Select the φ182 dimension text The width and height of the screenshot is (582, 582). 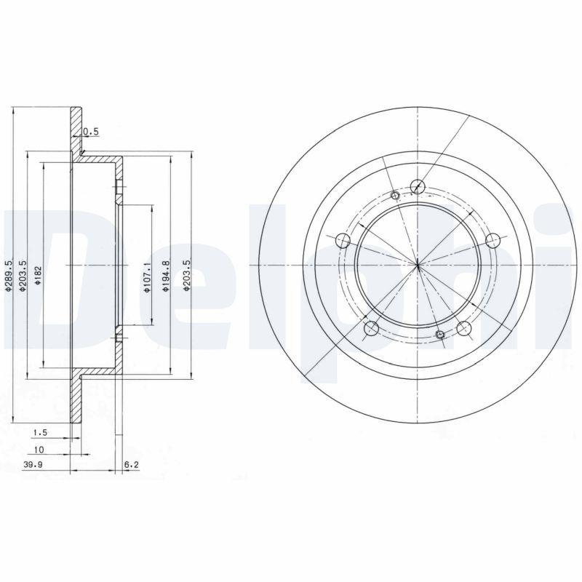point(38,276)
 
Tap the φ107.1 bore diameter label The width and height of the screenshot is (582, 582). point(146,277)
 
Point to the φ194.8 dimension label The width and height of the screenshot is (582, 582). point(166,276)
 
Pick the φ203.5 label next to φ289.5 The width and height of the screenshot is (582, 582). point(23,276)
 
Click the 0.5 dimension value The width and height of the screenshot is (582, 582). point(91,132)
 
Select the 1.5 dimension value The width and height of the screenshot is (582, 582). point(39,433)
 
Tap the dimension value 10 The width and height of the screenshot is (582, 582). point(40,450)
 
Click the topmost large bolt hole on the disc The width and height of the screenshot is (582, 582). point(417,186)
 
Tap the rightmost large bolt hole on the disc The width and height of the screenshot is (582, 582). point(493,240)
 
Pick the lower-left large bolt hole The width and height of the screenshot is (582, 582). point(370,328)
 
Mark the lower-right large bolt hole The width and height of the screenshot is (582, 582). point(463,328)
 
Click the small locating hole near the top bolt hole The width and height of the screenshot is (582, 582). point(395,194)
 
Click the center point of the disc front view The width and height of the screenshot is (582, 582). point(417,264)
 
